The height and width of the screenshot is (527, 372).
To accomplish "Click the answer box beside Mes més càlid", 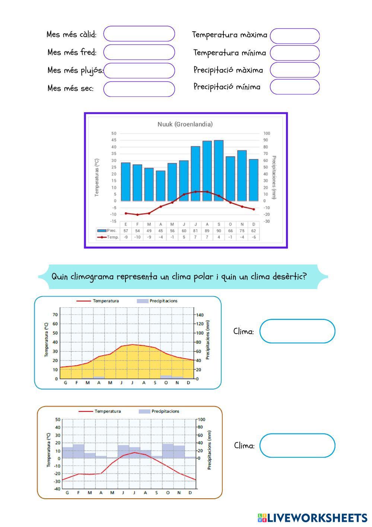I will click(139, 34).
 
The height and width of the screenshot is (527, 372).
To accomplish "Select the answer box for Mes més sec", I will click(139, 89).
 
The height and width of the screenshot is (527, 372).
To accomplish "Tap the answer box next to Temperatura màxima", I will click(295, 36).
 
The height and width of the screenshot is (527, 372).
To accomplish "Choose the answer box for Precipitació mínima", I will click(295, 87).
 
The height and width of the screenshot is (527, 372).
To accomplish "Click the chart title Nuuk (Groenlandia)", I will click(185, 124).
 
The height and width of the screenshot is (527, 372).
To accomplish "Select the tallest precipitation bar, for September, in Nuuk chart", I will click(219, 170).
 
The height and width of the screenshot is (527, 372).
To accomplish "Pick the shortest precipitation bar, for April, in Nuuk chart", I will click(160, 185).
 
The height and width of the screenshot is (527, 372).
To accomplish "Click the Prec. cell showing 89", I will click(207, 231).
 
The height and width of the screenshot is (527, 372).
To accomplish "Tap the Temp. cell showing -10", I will click(137, 237).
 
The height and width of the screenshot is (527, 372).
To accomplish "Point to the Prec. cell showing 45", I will click(160, 231).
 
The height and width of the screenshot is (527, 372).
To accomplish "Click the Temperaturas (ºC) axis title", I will click(97, 178).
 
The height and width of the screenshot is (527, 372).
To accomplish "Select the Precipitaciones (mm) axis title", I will click(274, 178).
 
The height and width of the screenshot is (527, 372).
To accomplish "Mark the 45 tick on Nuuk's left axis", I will click(114, 140).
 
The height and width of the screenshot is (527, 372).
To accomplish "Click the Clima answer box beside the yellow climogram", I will click(297, 331).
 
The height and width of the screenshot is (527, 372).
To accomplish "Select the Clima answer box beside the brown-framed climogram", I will click(297, 445).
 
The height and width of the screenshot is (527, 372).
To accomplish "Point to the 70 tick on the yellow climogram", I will click(55, 315).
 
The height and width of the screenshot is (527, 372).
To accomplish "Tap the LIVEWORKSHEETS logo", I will click(312, 518).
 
